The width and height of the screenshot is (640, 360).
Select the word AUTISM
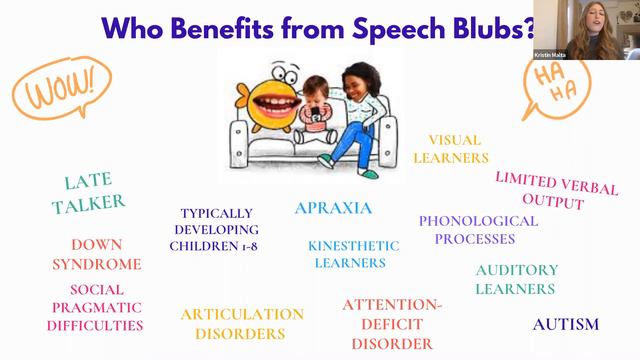(565, 324)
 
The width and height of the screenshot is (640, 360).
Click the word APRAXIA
(333, 209)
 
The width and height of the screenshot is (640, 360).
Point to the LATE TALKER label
(94, 191)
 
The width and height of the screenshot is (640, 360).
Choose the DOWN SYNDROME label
(105, 254)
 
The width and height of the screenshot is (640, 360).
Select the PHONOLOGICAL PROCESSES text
(477, 230)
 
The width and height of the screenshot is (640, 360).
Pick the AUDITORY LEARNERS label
(516, 279)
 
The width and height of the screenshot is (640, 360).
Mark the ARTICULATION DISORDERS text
(241, 324)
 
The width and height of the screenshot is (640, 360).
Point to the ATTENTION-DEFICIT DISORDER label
(391, 323)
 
